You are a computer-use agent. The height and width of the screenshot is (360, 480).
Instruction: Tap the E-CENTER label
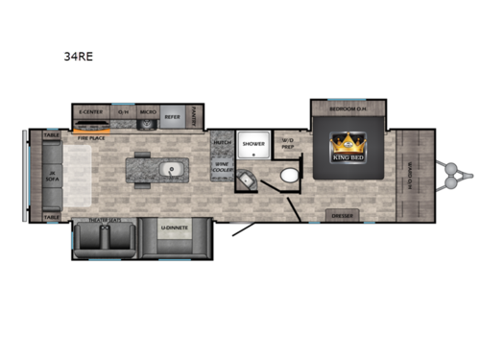click(x=91, y=112)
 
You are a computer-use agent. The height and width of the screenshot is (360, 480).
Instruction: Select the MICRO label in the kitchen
click(x=147, y=112)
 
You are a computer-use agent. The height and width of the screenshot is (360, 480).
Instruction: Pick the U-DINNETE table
click(x=174, y=228)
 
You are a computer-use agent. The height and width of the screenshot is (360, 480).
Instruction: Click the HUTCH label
click(x=221, y=144)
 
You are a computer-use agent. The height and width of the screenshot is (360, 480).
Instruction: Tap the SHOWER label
click(x=253, y=144)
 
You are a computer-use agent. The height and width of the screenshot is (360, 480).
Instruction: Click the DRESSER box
click(x=343, y=214)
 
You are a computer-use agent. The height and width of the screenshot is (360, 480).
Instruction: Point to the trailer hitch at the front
click(x=453, y=174)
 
